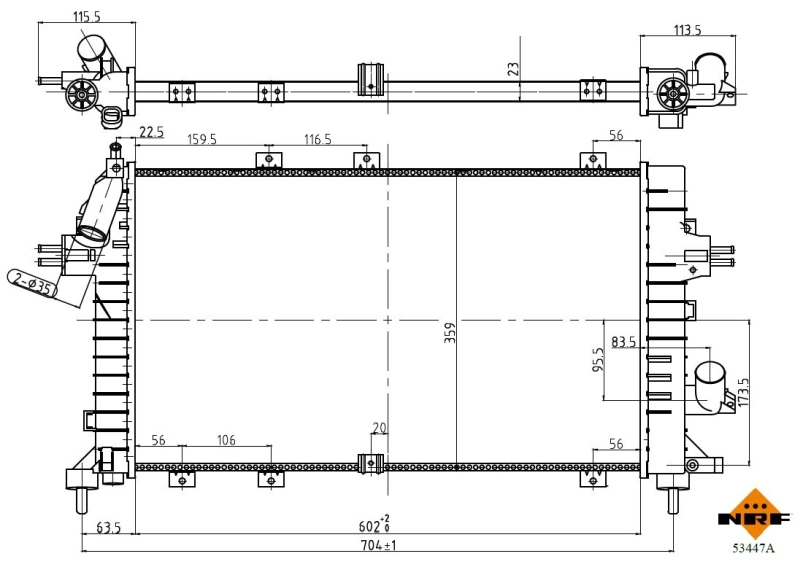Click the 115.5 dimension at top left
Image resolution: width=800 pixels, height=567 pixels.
(87, 16)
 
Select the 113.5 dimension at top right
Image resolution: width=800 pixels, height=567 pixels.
(687, 30)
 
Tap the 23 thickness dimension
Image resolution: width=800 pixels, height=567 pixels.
(513, 69)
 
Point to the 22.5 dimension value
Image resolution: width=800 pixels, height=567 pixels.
(151, 132)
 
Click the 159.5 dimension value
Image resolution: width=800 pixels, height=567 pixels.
(202, 139)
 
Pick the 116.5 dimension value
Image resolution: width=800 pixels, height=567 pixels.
(317, 139)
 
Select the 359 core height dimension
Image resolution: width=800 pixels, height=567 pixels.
(449, 333)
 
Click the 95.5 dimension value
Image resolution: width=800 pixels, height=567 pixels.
(598, 360)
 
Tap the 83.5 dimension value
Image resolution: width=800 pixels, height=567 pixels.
(623, 341)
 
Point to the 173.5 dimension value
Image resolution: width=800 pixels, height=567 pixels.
(742, 392)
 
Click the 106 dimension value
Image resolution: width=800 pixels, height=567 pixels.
(226, 439)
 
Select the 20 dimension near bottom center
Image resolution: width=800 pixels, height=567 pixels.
(379, 428)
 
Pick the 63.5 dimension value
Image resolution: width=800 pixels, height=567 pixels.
(108, 527)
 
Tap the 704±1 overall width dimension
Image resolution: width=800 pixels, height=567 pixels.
(378, 545)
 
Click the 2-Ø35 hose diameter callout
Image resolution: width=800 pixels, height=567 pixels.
(32, 283)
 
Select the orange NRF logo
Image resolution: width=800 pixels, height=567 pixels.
(754, 514)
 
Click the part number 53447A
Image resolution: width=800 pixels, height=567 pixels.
(753, 549)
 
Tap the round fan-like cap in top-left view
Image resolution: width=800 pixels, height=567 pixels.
(82, 95)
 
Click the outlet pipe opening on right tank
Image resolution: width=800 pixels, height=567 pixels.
(711, 372)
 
